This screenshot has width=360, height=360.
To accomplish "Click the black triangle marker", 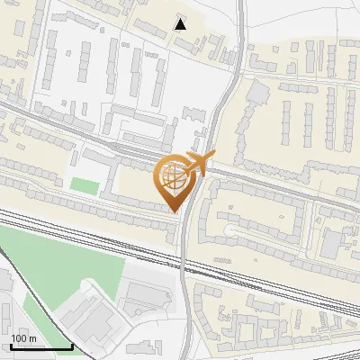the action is click(x=182, y=24).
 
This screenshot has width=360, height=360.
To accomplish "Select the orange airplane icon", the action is click(x=197, y=163).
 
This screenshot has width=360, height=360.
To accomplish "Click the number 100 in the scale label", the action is click(x=20, y=337).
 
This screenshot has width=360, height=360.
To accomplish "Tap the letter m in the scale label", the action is click(x=32, y=337).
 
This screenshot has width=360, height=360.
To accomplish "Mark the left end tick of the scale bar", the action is click(x=11, y=346).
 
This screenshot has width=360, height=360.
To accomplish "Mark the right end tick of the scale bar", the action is click(x=73, y=346).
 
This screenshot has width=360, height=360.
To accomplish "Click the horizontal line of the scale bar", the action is click(x=41, y=347).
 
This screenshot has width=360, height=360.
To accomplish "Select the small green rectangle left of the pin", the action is click(x=84, y=184).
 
